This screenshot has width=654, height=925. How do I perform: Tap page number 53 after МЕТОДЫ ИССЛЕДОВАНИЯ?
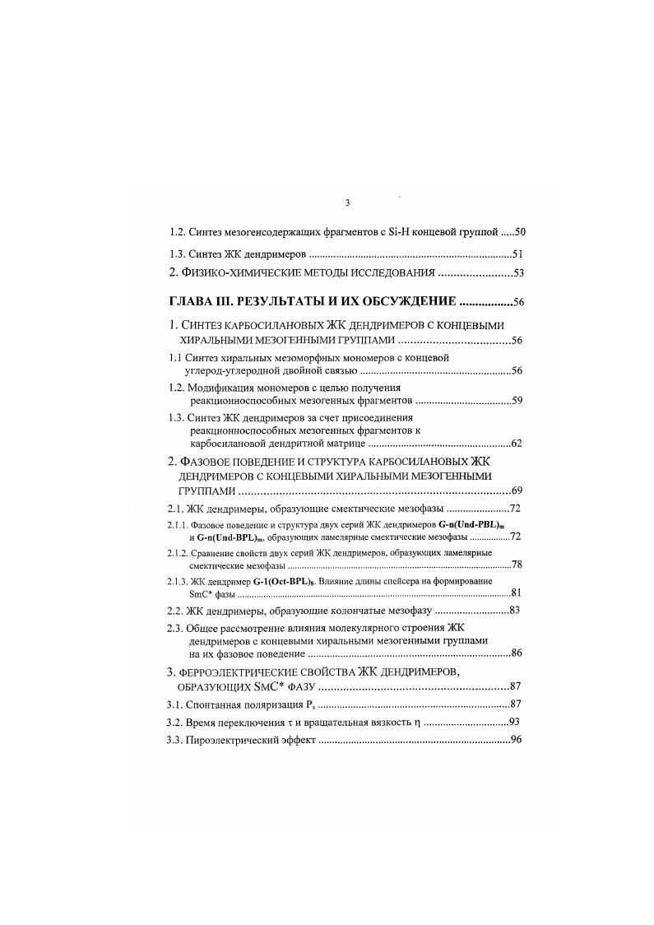(518, 273)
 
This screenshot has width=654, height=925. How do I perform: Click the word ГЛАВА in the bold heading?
(190, 301)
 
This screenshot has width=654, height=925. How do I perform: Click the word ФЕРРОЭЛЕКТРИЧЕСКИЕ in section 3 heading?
(244, 672)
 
